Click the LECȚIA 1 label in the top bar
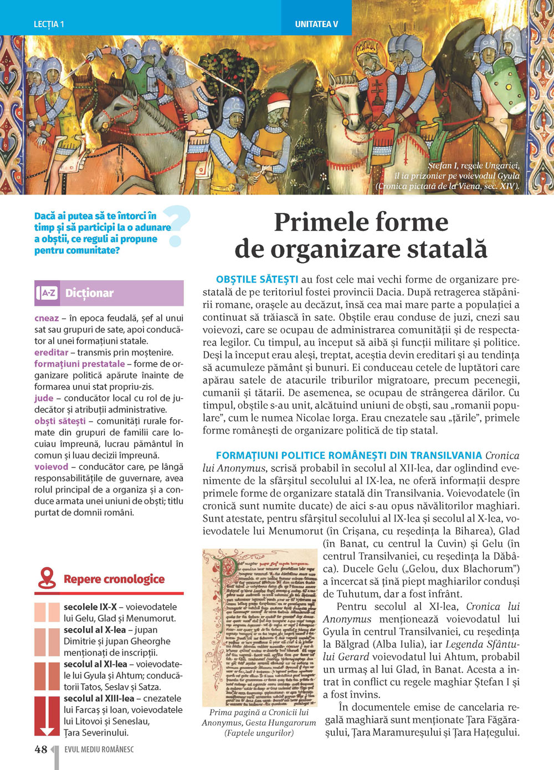click(49, 24)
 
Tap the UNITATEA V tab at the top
click(316, 24)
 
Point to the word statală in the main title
click(443, 249)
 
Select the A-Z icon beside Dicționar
click(48, 293)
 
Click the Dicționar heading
click(89, 293)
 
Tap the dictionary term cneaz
click(47, 318)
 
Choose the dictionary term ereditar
click(51, 352)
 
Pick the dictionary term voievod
click(52, 466)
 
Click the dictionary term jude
click(44, 398)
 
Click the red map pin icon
click(48, 578)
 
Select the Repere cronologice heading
click(114, 579)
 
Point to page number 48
click(40, 750)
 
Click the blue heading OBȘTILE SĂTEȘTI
click(257, 279)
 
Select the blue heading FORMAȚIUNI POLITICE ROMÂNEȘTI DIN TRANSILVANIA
click(348, 455)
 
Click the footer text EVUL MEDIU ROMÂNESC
click(99, 750)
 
